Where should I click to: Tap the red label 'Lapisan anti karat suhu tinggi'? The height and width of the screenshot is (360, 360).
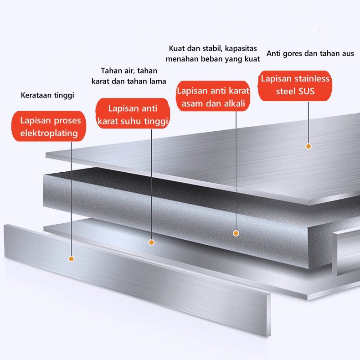coord(133,114)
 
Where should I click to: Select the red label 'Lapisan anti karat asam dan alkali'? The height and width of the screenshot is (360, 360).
coord(213,97)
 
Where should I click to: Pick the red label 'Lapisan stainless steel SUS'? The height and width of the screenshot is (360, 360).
coord(295,85)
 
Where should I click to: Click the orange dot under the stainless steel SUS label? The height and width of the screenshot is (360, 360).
coord(309,146)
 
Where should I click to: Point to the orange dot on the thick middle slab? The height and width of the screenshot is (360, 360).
coord(236,233)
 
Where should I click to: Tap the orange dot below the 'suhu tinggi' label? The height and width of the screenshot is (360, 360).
coord(152,242)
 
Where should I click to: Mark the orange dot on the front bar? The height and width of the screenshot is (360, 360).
coord(71,259)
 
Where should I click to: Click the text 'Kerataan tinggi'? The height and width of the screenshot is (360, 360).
coord(47,95)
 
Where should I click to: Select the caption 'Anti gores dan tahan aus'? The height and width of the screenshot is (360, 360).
coord(310,53)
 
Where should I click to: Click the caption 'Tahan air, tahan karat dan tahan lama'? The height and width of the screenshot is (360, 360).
coord(129,76)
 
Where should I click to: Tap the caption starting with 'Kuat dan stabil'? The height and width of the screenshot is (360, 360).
coord(213,53)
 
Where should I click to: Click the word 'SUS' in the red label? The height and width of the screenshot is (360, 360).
coord(307,92)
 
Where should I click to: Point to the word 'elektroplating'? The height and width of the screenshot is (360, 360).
coord(49,134)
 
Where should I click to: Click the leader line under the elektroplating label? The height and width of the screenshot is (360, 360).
coord(71,196)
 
